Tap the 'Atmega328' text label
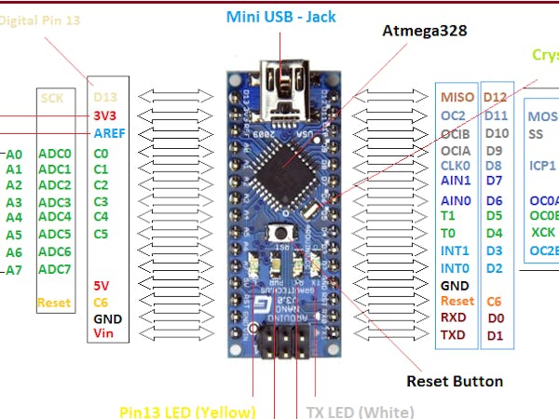(x=425, y=31)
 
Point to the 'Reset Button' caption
(x=455, y=381)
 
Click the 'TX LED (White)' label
(x=360, y=411)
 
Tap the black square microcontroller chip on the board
(x=281, y=169)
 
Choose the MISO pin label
(x=457, y=97)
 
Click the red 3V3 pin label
(x=106, y=115)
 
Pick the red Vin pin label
(x=103, y=333)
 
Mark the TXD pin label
(x=453, y=334)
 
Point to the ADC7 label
(x=55, y=269)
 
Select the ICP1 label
(x=542, y=166)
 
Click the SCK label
(x=51, y=96)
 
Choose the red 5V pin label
(x=103, y=285)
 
